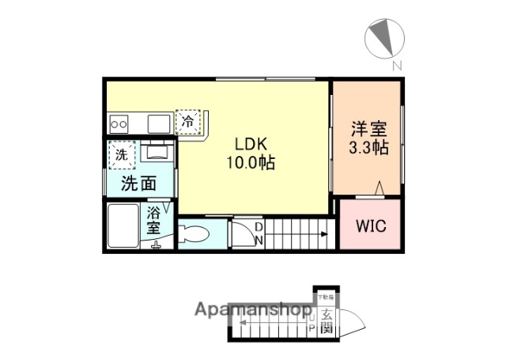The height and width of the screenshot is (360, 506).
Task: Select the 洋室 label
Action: (x=368, y=130)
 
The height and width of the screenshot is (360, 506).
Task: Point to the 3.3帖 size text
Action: (x=368, y=148)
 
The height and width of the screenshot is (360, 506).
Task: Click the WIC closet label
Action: (x=369, y=225)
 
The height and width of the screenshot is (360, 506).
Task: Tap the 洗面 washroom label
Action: (x=138, y=184)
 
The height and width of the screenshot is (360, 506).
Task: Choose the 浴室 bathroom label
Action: (x=154, y=221)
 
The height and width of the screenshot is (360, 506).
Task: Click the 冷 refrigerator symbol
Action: (x=188, y=122)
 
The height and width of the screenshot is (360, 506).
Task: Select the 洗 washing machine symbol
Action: (x=122, y=154)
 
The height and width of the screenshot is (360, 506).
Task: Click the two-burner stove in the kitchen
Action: (x=121, y=123)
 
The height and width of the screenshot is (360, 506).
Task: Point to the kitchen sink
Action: (x=159, y=123)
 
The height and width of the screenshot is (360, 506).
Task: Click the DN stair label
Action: (x=258, y=233)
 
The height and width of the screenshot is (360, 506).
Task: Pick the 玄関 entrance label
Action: (x=326, y=321)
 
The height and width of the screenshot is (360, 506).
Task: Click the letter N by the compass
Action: (x=398, y=66)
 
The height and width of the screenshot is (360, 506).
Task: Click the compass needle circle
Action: (x=385, y=37)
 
